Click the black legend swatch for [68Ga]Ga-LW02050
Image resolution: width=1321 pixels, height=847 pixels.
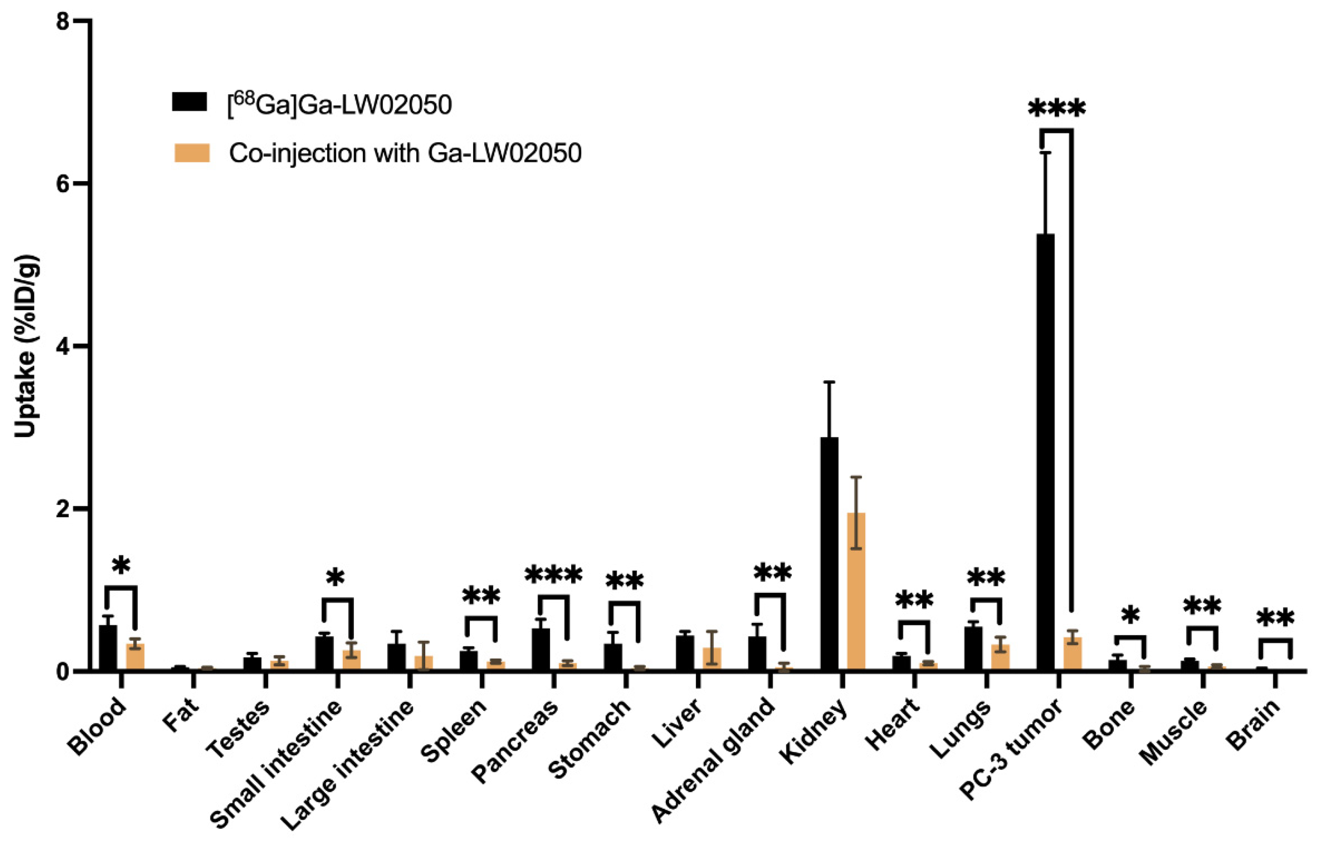coord(189,102)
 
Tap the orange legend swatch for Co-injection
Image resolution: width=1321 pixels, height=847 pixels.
coord(191,152)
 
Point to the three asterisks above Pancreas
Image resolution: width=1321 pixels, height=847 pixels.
coord(553,576)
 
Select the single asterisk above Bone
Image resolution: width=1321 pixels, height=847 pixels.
coord(1130,617)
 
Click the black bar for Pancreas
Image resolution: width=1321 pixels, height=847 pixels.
coord(541,649)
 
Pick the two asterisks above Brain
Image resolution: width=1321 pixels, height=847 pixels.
coord(1275,619)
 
